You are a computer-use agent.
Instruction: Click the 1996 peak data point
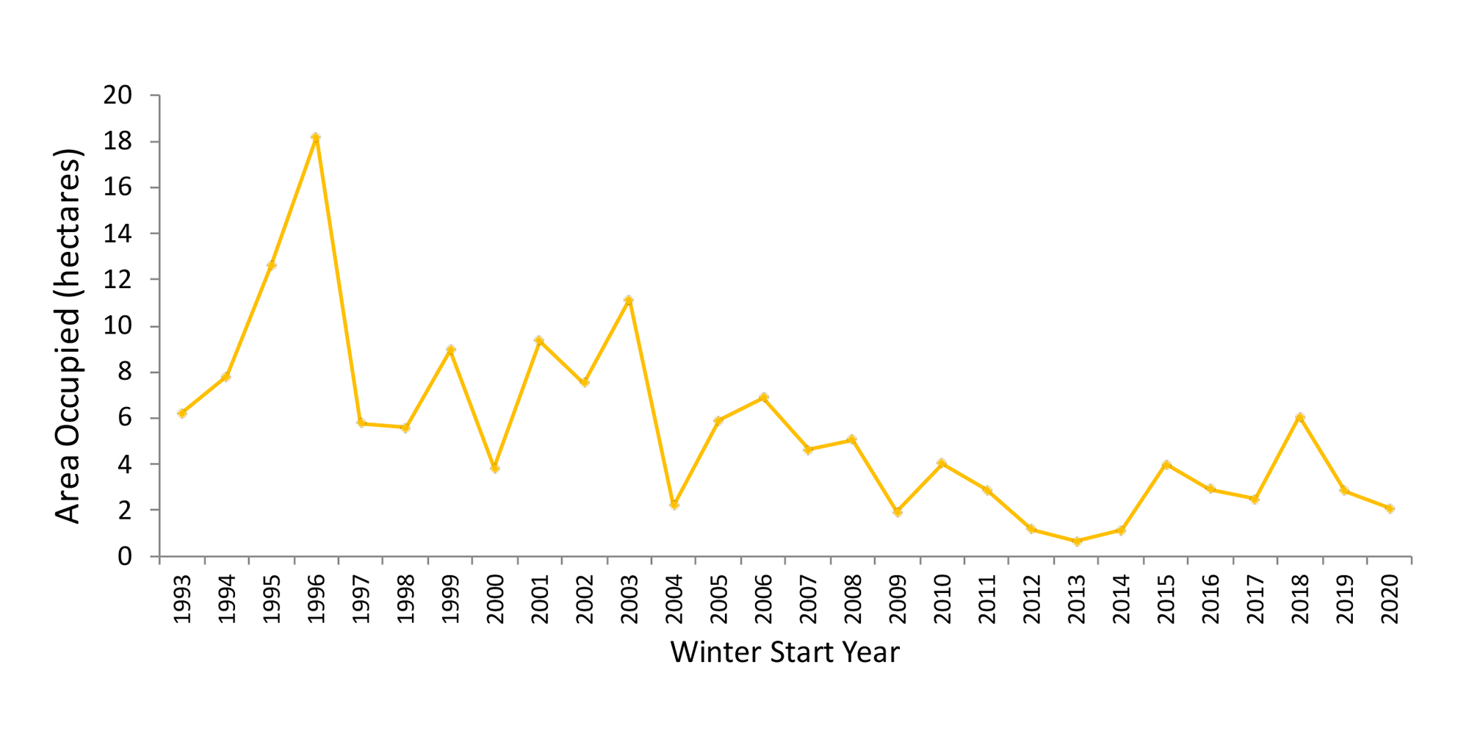coord(316,137)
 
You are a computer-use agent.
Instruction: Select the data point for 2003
coord(629,300)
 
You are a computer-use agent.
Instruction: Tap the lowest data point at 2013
coord(1077,541)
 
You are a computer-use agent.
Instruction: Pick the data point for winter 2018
coord(1300,417)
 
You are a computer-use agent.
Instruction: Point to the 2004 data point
coord(674,505)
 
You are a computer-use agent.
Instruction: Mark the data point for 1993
coord(182,413)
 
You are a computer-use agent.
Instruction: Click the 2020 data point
coord(1390,508)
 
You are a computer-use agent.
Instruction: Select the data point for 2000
coord(495,468)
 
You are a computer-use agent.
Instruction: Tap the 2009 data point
coord(898,512)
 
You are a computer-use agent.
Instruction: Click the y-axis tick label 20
coord(118,96)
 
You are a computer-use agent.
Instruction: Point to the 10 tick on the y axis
coord(118,326)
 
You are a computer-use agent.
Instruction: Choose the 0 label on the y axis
coord(125,557)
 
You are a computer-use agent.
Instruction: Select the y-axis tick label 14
coord(118,234)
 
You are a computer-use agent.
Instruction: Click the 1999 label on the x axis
coord(451,600)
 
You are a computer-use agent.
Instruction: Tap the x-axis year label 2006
coord(764,600)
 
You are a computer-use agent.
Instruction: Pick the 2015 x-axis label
coord(1166,600)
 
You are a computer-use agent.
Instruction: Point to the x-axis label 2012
coord(1032,600)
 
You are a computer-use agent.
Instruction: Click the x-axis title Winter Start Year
coord(784,652)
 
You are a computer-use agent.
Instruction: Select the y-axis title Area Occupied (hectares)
coord(68,336)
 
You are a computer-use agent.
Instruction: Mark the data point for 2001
coord(539,341)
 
